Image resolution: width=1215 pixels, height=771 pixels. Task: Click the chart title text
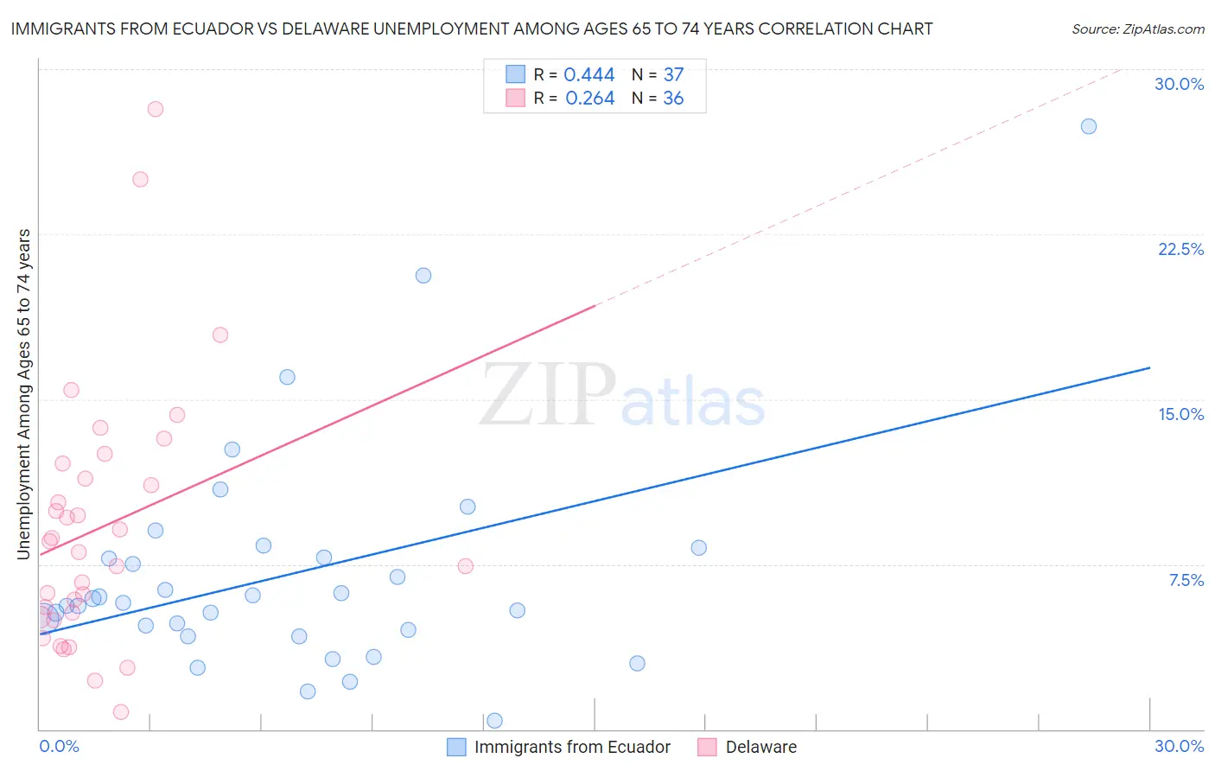[x=472, y=29]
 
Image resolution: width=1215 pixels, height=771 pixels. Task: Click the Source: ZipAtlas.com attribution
[x=1137, y=29]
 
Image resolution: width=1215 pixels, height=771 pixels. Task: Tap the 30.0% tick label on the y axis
[x=1179, y=84]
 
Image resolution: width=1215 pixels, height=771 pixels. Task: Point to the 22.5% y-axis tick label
[x=1180, y=249]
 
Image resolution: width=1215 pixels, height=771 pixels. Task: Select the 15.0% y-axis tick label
[x=1180, y=414]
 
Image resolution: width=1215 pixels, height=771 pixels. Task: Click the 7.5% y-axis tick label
[x=1186, y=580]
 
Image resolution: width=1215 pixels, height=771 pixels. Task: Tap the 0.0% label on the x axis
[x=59, y=746]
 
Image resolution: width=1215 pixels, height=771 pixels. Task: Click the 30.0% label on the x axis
[x=1179, y=746]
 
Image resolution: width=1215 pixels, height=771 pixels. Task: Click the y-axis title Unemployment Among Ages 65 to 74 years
[x=24, y=394]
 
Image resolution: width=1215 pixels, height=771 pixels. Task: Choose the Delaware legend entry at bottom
[x=760, y=747]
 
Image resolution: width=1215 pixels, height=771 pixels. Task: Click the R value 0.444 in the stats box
[x=588, y=75]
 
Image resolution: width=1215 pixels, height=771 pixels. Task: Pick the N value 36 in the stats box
[x=673, y=99]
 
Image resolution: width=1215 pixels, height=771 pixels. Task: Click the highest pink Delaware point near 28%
[x=156, y=109]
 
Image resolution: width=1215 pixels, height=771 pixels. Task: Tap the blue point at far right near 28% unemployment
[x=1089, y=126]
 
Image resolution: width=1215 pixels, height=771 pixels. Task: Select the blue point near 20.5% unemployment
[x=423, y=276]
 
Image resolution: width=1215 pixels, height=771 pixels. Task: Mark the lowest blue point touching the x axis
[x=495, y=720]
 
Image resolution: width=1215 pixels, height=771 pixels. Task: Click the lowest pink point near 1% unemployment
[x=121, y=712]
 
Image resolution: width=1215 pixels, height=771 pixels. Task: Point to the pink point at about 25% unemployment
[x=140, y=180]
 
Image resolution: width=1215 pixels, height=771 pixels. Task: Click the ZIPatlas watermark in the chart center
[x=622, y=395]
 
